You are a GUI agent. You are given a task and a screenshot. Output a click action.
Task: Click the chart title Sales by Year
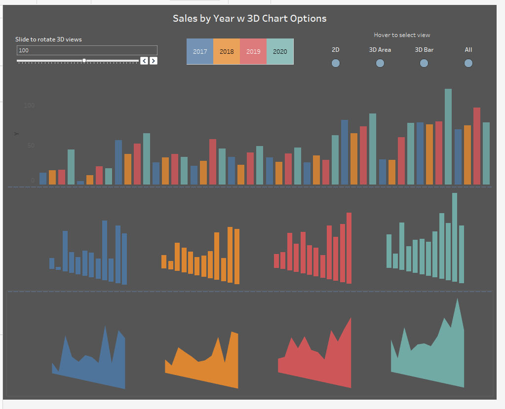point(249,19)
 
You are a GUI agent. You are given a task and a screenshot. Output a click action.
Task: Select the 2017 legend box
point(200,51)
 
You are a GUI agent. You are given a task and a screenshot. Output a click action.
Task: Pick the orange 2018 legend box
point(227,51)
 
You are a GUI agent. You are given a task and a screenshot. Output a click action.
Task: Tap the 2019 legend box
point(253,51)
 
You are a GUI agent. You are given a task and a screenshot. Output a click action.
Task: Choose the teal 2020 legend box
point(280,51)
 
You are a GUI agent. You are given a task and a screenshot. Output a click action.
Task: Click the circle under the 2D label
point(336,63)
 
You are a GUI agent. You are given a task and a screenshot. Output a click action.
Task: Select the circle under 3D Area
point(380,63)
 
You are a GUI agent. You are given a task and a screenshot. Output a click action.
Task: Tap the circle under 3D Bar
point(424,63)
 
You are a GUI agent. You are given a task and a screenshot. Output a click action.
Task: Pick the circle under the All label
point(468,63)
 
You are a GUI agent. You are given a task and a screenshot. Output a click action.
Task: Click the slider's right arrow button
point(154,61)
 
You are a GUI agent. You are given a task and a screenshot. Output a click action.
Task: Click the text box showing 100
point(87,50)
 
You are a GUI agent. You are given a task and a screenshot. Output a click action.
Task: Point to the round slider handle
point(84,60)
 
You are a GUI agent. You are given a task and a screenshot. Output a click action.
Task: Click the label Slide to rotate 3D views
point(48,39)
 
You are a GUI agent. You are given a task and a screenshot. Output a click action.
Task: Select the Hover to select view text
point(402,35)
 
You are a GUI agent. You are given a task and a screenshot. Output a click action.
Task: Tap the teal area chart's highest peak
point(458,302)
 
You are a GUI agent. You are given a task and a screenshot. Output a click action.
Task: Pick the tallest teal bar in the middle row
point(455,237)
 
